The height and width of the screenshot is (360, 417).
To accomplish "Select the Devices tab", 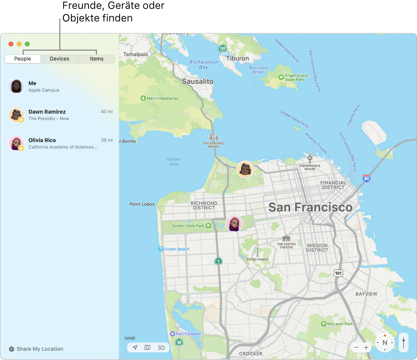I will point(59,59).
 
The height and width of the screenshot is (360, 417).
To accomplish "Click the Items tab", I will point(97,59).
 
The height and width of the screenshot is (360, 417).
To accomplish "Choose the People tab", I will point(23,59).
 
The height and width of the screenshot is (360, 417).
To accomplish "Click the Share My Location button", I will point(36,349).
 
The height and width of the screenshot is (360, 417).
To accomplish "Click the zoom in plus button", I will point(366,348).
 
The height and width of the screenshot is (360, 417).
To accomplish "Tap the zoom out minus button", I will point(356,348).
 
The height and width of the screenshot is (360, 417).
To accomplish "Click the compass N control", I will point(385,343).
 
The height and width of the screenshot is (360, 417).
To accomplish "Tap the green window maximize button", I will point(27,44).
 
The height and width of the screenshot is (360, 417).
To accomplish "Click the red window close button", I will point(11,44).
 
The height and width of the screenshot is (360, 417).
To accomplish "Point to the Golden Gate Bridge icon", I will point(213,138).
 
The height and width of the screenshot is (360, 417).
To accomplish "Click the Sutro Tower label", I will point(257,259).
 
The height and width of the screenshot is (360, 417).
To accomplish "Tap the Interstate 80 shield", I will point(367,178).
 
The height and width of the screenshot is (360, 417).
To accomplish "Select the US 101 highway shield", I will point(338,273).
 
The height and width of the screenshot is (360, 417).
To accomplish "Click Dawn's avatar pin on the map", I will point(245,169).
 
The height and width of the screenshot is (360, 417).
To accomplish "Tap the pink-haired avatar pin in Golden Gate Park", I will point(234,223).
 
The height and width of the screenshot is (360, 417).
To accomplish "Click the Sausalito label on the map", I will point(198,81).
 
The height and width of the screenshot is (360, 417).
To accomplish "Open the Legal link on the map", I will point(130,338).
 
